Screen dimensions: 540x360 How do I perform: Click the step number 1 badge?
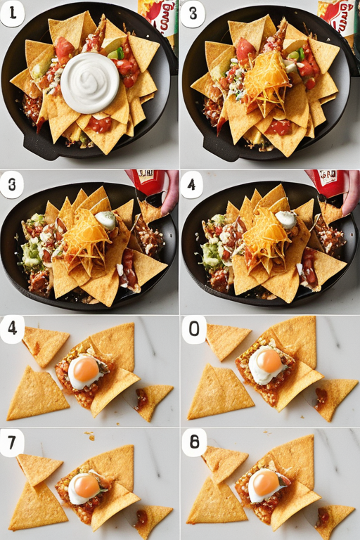pos(12,13)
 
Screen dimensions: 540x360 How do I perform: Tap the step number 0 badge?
pos(193,329)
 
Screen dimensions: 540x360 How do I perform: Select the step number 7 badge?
pos(12,442)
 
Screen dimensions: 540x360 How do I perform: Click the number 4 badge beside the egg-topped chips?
pos(12,329)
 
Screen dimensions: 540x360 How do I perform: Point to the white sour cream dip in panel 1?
pos(89,83)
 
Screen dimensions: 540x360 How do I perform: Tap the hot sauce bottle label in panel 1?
pos(160,15)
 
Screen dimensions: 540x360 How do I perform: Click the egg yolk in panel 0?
pos(268,361)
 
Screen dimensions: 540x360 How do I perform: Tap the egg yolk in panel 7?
pos(86,485)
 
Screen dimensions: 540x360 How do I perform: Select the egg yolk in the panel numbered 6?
pos(265,482)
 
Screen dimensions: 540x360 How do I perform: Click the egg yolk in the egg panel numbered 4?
pos(86,369)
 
